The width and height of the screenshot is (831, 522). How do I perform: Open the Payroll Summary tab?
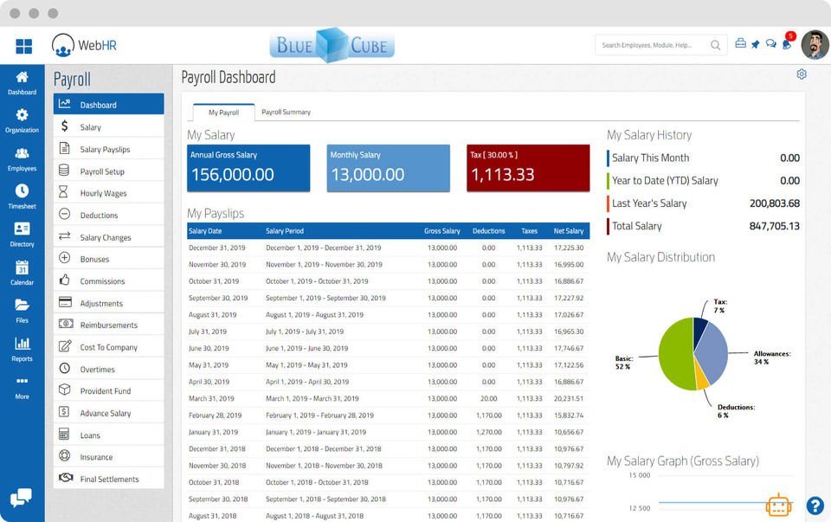pyautogui.click(x=286, y=113)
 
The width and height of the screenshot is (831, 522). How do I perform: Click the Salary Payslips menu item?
pyautogui.click(x=105, y=150)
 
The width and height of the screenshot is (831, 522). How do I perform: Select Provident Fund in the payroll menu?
pyautogui.click(x=106, y=391)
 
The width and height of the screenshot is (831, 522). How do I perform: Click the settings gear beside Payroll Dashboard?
pyautogui.click(x=802, y=74)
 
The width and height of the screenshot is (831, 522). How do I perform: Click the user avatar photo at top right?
pyautogui.click(x=815, y=45)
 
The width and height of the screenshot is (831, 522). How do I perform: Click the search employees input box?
pyautogui.click(x=654, y=45)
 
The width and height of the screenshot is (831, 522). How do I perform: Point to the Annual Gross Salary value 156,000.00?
pyautogui.click(x=232, y=174)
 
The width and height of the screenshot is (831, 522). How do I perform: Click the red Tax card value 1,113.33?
pyautogui.click(x=502, y=174)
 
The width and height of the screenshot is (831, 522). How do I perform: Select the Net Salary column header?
pyautogui.click(x=569, y=231)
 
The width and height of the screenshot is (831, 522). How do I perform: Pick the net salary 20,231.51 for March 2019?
pyautogui.click(x=568, y=398)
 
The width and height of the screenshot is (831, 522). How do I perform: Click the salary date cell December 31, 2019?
pyautogui.click(x=217, y=248)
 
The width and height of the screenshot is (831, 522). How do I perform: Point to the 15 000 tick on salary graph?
pyautogui.click(x=639, y=475)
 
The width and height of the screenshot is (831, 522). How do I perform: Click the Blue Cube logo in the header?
pyautogui.click(x=332, y=46)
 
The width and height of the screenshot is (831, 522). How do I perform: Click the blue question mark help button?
pyautogui.click(x=815, y=506)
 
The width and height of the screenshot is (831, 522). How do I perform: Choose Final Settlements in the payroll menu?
pyautogui.click(x=109, y=480)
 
